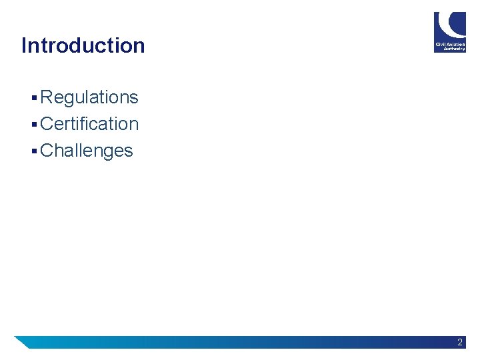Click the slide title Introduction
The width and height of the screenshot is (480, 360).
click(x=83, y=45)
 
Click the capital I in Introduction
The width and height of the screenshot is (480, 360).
click(x=24, y=45)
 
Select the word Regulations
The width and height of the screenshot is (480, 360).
click(x=89, y=97)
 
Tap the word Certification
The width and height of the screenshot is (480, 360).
click(x=89, y=124)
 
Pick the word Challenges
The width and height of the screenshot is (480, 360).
click(x=87, y=151)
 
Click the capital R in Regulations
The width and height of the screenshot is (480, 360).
click(x=46, y=97)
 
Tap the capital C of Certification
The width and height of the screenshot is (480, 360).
click(x=47, y=124)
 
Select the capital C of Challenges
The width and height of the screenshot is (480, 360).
click(x=47, y=151)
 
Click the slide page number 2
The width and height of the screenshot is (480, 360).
click(x=460, y=342)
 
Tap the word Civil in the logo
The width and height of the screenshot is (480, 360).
click(x=441, y=44)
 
